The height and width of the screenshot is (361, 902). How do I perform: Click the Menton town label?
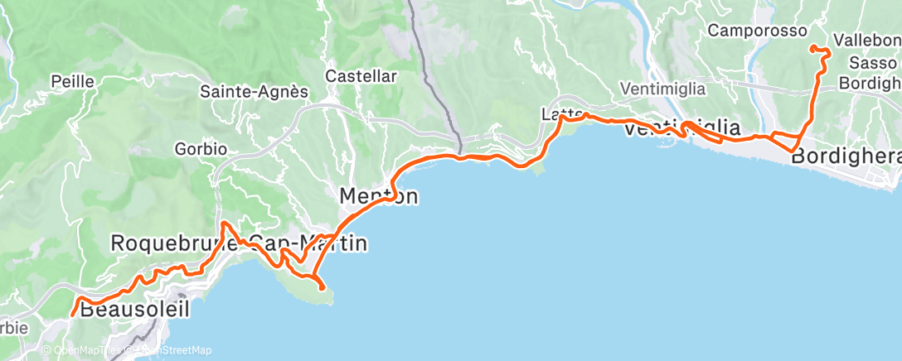click(378, 197)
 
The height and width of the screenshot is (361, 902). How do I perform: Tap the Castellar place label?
click(361, 75)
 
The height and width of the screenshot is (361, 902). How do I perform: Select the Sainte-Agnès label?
click(254, 92)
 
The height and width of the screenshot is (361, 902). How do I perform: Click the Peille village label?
click(73, 81)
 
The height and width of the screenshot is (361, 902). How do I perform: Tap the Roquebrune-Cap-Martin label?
click(239, 243)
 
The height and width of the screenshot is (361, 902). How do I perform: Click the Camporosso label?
click(758, 31)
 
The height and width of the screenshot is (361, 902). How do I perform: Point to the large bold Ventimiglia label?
click(681, 128)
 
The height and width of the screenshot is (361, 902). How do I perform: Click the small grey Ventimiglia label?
click(662, 89)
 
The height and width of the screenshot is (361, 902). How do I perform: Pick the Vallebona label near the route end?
click(866, 40)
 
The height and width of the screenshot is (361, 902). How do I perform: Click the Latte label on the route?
click(558, 113)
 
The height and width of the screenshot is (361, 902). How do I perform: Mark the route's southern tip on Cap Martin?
click(322, 287)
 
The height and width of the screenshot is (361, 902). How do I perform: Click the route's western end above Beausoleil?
click(73, 314)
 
